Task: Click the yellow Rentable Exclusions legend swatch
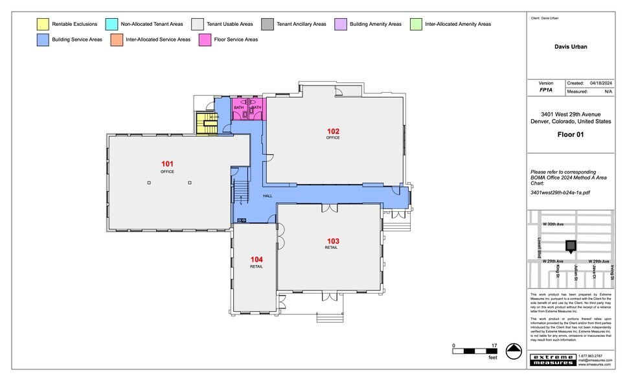coord(41,24)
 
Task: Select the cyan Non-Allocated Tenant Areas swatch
coord(111,24)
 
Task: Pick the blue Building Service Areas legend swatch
coord(41,40)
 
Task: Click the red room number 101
coord(167,164)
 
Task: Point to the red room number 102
coord(333,131)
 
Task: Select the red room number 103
coord(333,241)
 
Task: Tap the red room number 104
coord(256,259)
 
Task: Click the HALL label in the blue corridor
coord(268,196)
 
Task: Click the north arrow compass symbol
coord(513,351)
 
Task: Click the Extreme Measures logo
coord(552,360)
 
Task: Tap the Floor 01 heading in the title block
coord(570,135)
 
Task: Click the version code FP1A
coord(546,91)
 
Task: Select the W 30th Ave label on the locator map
coord(553,224)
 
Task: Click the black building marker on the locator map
coord(571,246)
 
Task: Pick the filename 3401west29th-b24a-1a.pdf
coord(560,192)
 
